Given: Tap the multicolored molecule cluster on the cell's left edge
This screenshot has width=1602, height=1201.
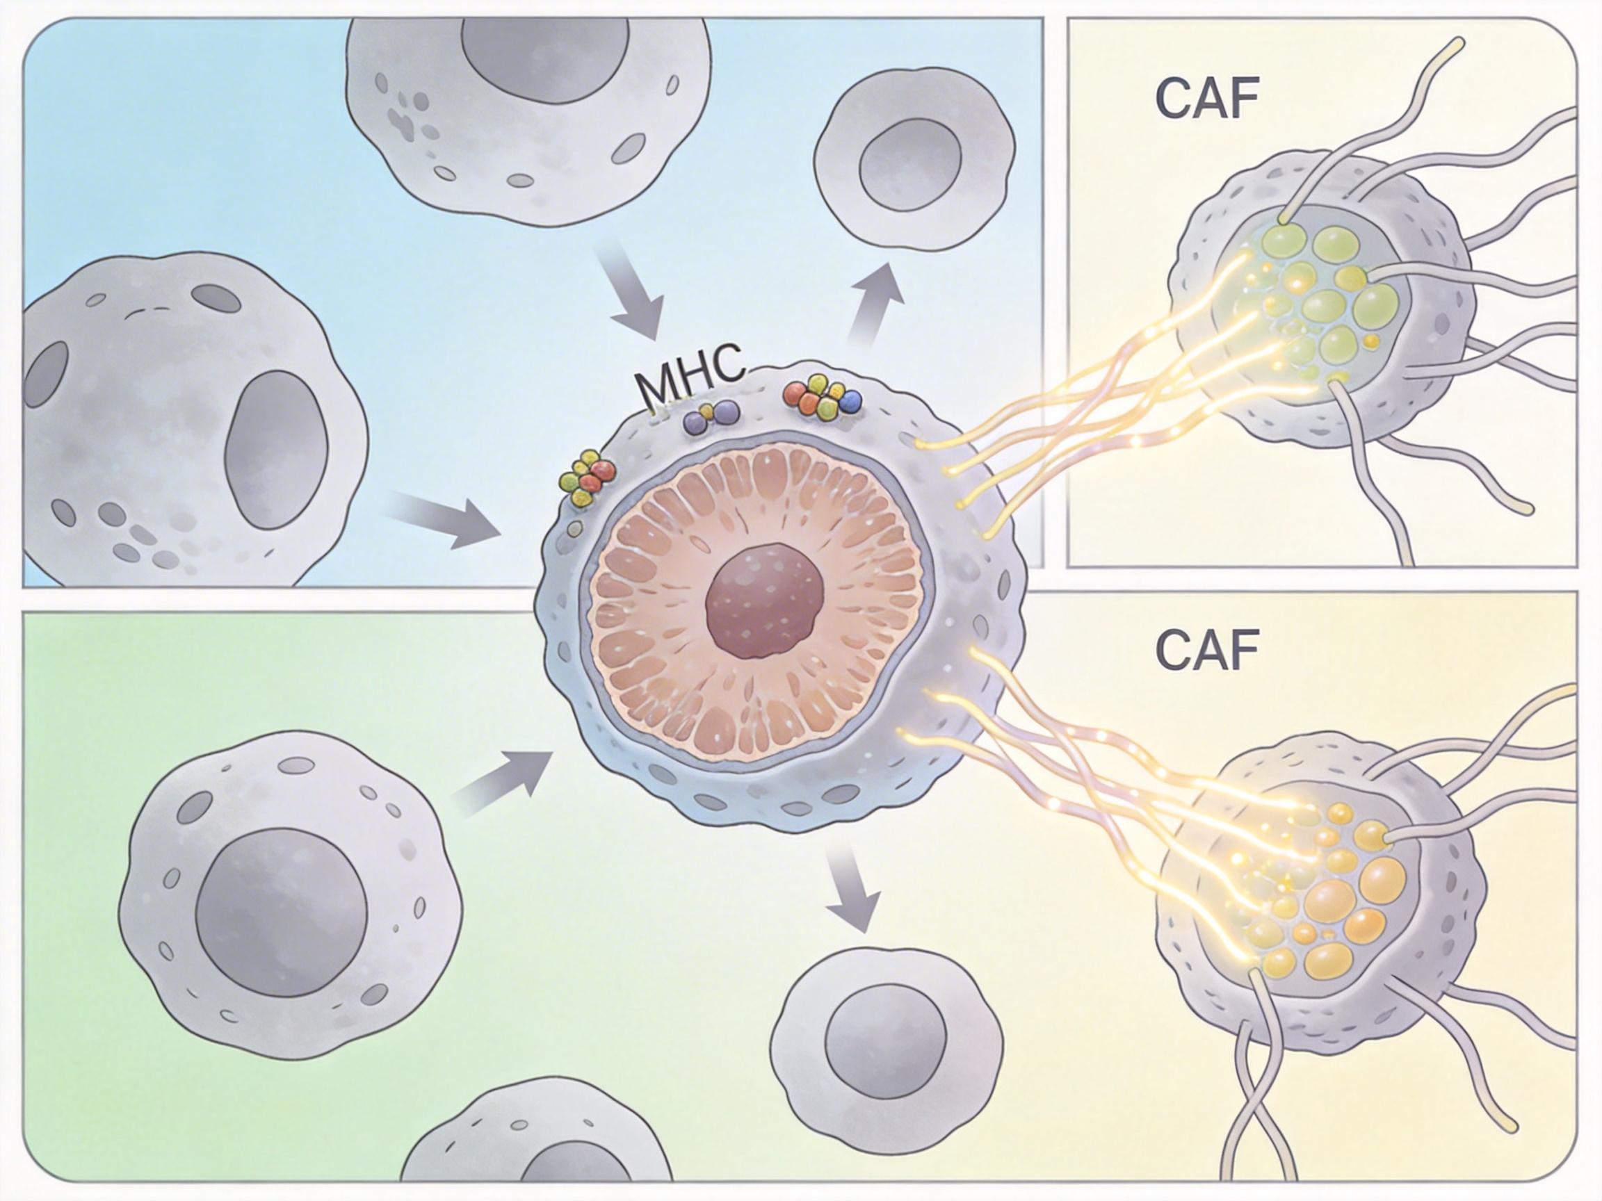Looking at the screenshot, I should tap(588, 477).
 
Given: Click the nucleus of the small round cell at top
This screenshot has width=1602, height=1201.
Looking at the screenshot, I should tap(910, 167).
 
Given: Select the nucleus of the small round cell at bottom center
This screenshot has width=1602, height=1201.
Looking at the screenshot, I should tap(885, 1043).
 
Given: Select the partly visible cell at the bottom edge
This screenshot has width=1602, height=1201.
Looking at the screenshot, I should tap(536, 1151).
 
